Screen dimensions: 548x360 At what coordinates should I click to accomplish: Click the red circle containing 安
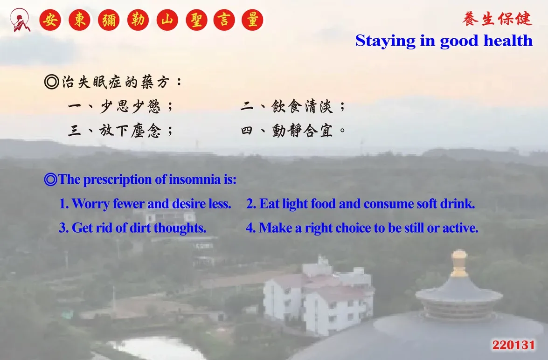pyautogui.click(x=50, y=20)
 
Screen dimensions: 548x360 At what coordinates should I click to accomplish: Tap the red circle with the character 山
pyautogui.click(x=167, y=20)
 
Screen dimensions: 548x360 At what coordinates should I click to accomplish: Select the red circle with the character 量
pyautogui.click(x=252, y=20)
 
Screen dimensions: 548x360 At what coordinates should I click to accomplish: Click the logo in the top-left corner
pyautogui.click(x=20, y=20)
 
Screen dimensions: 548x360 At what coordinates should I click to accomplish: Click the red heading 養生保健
pyautogui.click(x=497, y=19)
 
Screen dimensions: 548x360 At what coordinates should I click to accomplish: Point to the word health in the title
pyautogui.click(x=508, y=41)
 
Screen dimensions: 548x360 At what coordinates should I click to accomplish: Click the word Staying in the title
pyautogui.click(x=386, y=41)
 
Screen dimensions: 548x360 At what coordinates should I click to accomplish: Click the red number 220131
pyautogui.click(x=513, y=345)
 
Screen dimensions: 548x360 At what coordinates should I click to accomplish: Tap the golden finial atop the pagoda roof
pyautogui.click(x=459, y=263)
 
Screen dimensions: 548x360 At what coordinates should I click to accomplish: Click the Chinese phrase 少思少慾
pyautogui.click(x=130, y=106)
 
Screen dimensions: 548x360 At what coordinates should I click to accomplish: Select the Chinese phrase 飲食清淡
pyautogui.click(x=302, y=106)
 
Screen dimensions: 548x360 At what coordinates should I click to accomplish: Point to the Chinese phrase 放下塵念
pyautogui.click(x=130, y=131)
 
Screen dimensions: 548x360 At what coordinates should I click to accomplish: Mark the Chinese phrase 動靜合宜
pyautogui.click(x=302, y=131)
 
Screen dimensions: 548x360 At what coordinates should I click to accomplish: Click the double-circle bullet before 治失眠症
pyautogui.click(x=52, y=82)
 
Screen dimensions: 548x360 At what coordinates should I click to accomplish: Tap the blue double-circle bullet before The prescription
pyautogui.click(x=51, y=180)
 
